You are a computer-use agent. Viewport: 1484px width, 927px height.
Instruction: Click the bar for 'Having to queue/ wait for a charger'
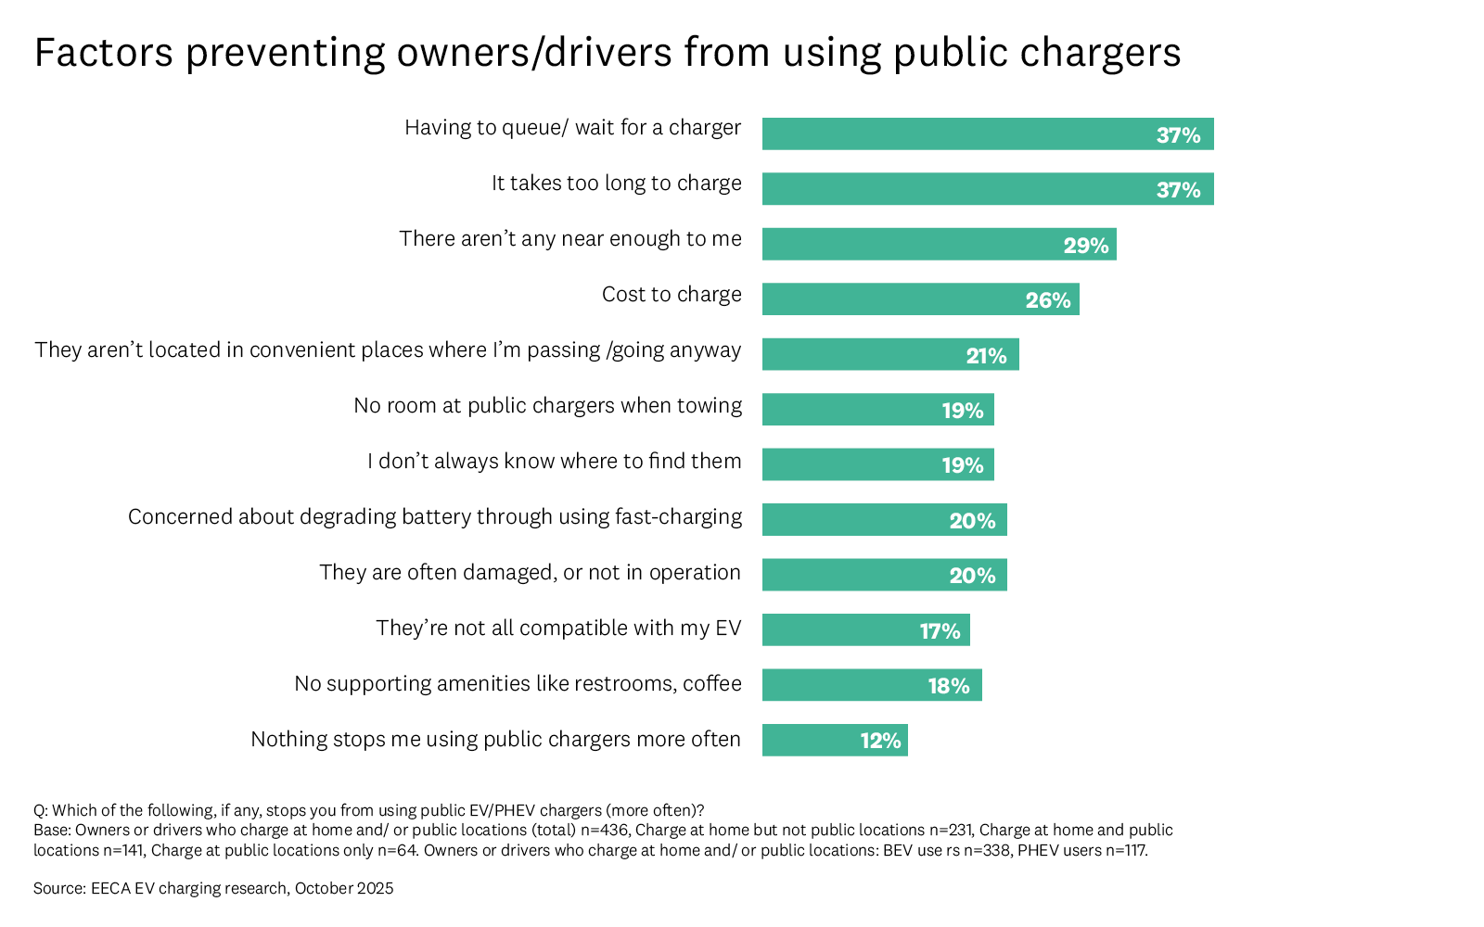(x=988, y=133)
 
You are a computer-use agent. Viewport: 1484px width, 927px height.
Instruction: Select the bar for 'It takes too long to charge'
(x=988, y=189)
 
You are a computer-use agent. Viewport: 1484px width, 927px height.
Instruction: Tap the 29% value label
(x=1086, y=246)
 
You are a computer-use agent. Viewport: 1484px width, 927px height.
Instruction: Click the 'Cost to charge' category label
(x=672, y=295)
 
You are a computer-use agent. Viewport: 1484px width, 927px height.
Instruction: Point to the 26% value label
(x=1048, y=300)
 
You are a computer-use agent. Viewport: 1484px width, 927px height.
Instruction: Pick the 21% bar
(x=890, y=354)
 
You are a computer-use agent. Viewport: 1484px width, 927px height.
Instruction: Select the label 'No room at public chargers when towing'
(x=547, y=406)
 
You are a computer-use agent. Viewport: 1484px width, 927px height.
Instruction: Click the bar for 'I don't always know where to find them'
(x=877, y=464)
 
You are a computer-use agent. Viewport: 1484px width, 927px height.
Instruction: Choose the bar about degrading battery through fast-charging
(x=884, y=520)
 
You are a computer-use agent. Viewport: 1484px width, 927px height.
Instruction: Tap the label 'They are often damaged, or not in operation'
(x=530, y=573)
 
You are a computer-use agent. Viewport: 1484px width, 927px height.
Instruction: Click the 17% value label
(x=940, y=631)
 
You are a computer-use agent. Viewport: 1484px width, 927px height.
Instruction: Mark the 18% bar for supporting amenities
(x=872, y=685)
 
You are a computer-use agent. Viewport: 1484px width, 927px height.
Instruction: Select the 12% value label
(x=880, y=741)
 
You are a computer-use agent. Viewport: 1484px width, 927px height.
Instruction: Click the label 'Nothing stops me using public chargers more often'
(x=495, y=740)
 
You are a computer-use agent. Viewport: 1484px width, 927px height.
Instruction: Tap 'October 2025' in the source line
(x=344, y=888)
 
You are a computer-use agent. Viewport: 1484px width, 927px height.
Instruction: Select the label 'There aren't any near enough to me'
(x=570, y=239)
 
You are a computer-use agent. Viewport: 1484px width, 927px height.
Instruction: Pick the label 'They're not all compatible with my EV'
(x=558, y=629)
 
